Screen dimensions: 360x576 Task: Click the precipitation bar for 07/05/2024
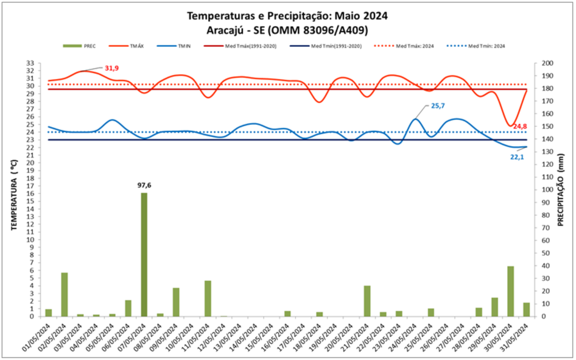144,255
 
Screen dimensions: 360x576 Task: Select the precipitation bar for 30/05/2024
511,291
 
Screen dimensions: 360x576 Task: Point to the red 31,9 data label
113,68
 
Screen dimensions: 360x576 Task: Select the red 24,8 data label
519,126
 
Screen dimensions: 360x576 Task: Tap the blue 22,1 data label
517,157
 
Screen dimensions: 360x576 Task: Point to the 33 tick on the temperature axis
30,63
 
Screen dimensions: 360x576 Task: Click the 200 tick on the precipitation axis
547,63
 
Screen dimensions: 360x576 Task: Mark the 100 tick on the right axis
547,189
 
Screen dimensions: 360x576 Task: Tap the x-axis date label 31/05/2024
513,338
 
